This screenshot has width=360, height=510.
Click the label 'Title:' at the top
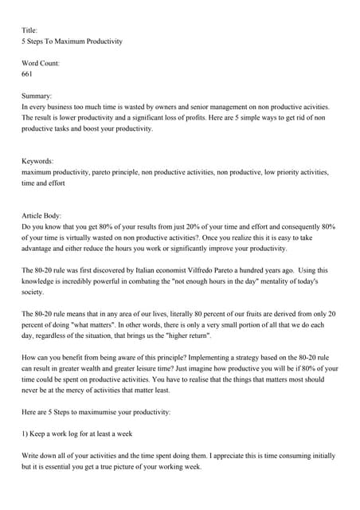click(29, 30)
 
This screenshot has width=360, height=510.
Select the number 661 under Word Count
click(27, 73)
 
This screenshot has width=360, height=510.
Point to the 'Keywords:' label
click(38, 160)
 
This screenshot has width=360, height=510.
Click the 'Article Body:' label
click(45, 215)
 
